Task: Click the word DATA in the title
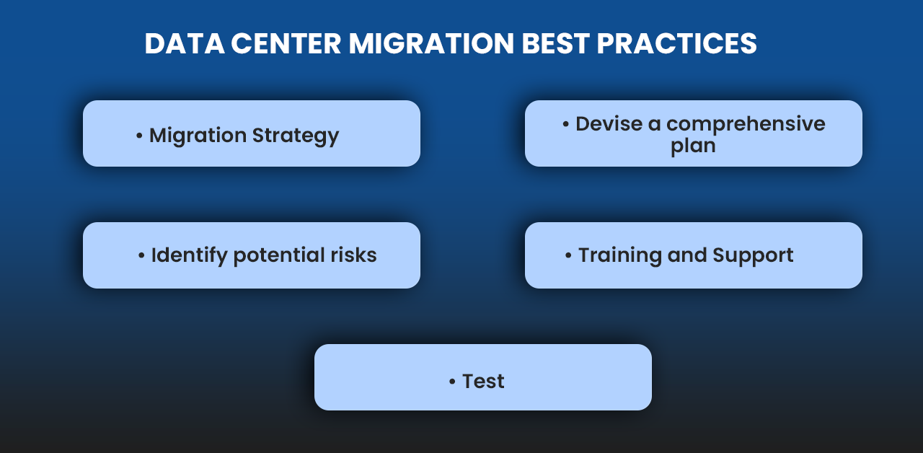coord(185,43)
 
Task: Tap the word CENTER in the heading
coord(286,43)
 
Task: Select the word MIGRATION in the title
coord(431,43)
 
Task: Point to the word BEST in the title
coord(556,43)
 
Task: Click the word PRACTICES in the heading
coord(676,43)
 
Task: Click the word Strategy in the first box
coord(296,136)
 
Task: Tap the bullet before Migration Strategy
coord(139,136)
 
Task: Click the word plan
coord(693,146)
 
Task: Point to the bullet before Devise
coord(566,124)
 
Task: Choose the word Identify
coord(189,255)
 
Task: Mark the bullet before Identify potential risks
coord(141,255)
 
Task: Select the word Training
coord(620,255)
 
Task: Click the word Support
coord(753,256)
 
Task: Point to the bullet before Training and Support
coord(568,255)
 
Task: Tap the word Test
coord(483,382)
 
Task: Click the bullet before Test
coord(452,382)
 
